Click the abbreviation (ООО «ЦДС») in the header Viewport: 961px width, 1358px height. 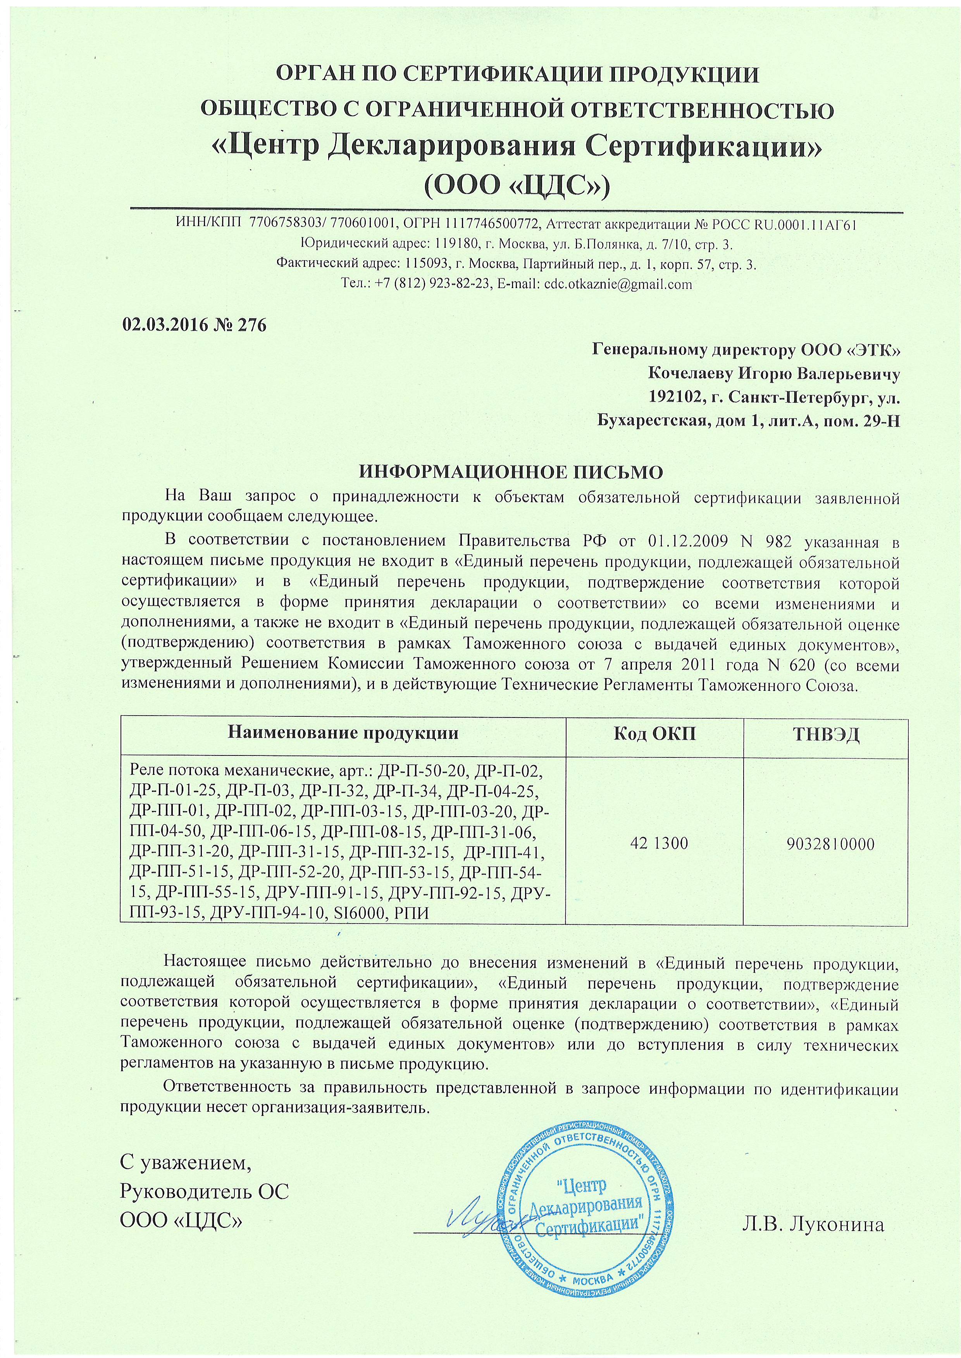click(x=517, y=185)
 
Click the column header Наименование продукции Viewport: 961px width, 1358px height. click(x=343, y=734)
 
